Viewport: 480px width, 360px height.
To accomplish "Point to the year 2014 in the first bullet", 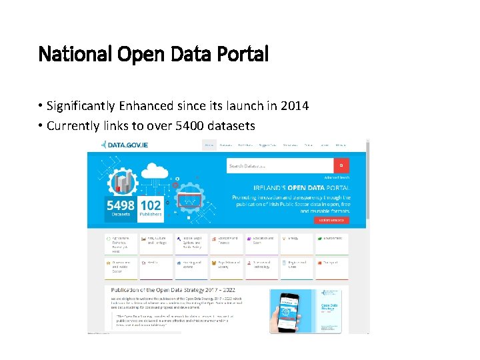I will coord(294,107).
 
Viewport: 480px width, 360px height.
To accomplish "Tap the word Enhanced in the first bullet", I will coord(141,107).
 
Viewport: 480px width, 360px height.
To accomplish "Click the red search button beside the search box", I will coord(341,165).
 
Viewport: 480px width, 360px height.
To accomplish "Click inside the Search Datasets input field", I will coord(279,165).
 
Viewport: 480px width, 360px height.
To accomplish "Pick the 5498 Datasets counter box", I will coord(120,209).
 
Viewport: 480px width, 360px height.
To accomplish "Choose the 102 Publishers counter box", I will coord(151,209).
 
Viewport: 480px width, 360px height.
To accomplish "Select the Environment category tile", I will coord(332,243).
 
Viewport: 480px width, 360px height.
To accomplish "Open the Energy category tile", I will coord(296,243).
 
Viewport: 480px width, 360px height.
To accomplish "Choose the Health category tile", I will coord(155,267).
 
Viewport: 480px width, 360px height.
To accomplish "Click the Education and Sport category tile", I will coord(261,243).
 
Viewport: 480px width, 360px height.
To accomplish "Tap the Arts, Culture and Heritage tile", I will coord(155,243).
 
